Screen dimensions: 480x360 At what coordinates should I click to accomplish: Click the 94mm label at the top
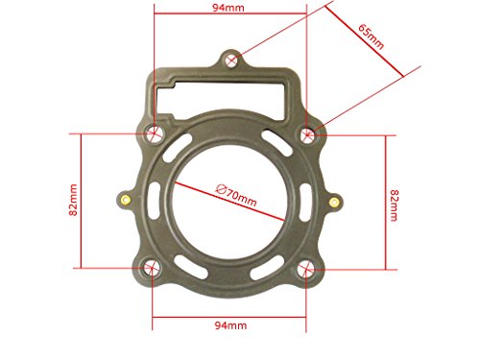click(x=228, y=8)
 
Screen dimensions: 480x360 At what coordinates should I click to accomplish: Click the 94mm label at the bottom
click(x=230, y=325)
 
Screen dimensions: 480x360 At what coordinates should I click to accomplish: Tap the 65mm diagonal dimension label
click(x=371, y=36)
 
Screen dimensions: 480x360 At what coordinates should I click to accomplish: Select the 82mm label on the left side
click(x=73, y=200)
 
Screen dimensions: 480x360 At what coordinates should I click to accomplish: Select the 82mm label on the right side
click(x=394, y=205)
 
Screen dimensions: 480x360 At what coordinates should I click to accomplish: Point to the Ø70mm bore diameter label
click(x=236, y=195)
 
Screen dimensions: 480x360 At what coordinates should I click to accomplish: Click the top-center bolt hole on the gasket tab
click(x=231, y=60)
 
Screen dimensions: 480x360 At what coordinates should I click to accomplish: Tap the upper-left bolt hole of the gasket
click(x=155, y=132)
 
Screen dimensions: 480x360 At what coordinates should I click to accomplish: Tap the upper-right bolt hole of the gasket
click(x=308, y=134)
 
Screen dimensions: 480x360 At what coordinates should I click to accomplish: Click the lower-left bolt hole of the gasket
click(x=150, y=267)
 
